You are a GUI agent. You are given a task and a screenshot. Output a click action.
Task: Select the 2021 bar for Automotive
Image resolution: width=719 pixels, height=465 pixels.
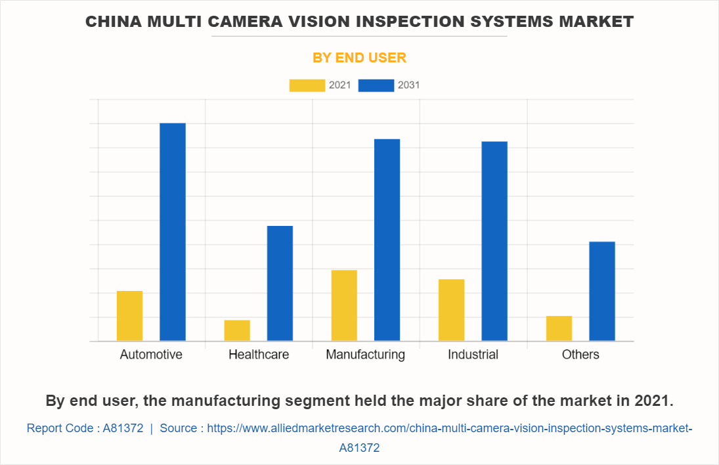[129, 316]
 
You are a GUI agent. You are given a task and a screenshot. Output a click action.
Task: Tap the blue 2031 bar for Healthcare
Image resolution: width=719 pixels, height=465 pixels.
[280, 283]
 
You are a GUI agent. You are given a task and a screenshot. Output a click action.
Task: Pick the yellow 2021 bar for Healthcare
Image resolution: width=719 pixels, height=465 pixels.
[237, 330]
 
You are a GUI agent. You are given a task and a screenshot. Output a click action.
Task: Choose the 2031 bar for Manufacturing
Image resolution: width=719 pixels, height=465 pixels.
[387, 240]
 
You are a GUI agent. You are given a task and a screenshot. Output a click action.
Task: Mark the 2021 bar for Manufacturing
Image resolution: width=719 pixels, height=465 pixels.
[344, 305]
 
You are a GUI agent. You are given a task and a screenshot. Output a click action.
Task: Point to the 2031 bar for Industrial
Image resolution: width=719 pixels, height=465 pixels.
[494, 241]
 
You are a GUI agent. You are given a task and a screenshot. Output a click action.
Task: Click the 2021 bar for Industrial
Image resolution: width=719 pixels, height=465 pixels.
[451, 310]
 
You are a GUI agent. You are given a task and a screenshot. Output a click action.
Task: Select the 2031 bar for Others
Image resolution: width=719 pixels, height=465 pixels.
[601, 291]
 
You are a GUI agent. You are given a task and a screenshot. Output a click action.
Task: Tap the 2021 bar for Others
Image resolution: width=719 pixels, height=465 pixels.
[559, 328]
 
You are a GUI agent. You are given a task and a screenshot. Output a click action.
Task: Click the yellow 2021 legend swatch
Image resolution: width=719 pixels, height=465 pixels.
[307, 85]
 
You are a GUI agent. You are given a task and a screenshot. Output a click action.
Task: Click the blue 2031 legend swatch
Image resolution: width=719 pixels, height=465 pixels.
[376, 85]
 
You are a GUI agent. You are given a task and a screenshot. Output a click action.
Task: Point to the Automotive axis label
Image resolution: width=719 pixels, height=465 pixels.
[151, 355]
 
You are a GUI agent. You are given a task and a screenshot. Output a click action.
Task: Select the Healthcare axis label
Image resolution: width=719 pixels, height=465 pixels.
[259, 355]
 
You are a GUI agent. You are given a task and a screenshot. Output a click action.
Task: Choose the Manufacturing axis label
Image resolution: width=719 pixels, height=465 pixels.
[366, 355]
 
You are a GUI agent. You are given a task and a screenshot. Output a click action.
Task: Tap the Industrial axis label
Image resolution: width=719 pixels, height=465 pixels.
[473, 355]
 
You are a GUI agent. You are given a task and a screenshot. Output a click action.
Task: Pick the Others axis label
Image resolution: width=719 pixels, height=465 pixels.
[580, 355]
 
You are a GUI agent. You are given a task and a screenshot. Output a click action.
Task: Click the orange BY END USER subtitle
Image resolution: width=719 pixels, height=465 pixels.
[359, 58]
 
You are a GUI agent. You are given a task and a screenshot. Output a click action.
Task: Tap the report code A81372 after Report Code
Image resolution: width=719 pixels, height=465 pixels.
[123, 428]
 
